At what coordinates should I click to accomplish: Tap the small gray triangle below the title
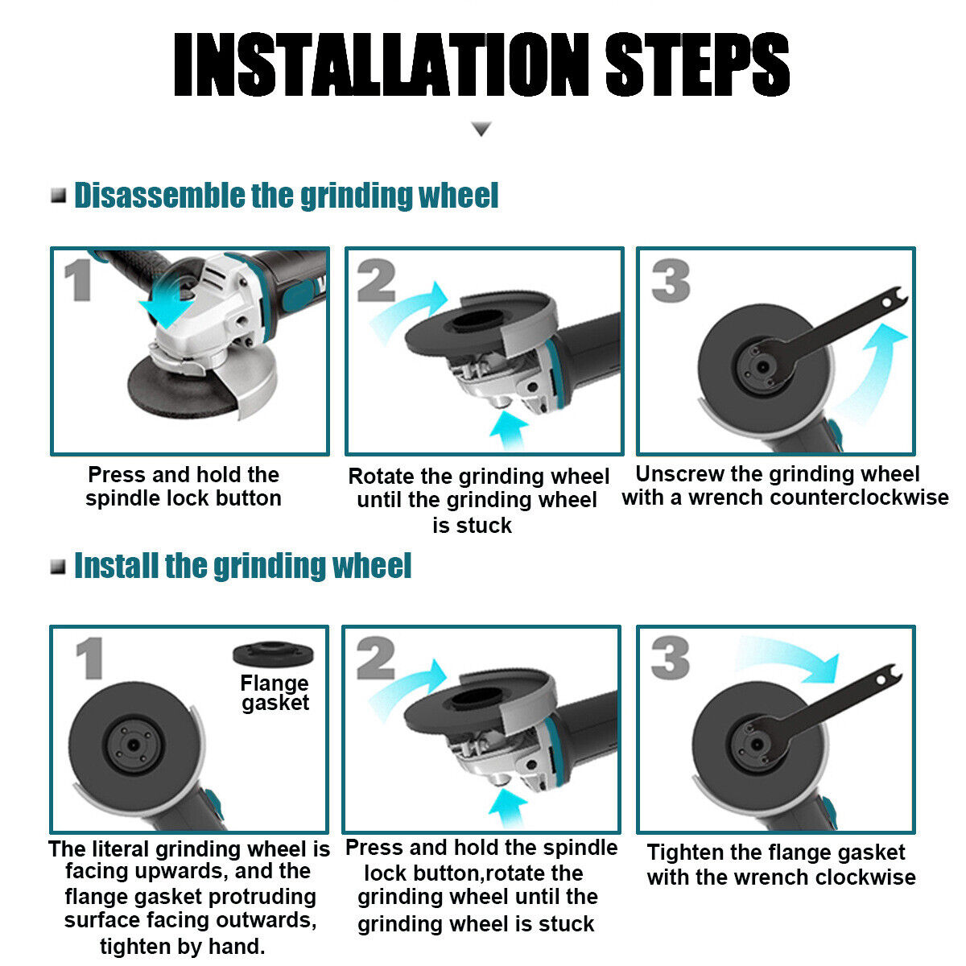[x=481, y=129]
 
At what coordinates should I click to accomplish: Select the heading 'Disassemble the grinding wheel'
[x=286, y=196]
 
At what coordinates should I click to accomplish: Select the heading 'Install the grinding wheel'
[x=242, y=566]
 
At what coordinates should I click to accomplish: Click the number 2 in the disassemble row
[x=376, y=283]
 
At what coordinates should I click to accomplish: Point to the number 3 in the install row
[x=671, y=658]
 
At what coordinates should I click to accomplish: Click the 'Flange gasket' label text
[x=275, y=693]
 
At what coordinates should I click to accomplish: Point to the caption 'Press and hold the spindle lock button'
[x=184, y=486]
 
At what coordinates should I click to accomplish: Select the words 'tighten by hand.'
[x=183, y=947]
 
